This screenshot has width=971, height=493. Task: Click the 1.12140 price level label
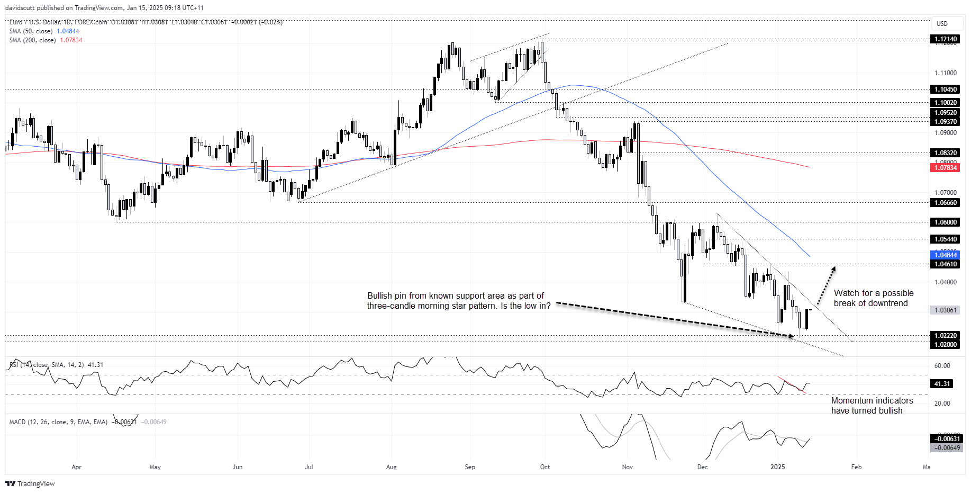(945, 39)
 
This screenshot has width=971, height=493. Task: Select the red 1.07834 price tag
(945, 168)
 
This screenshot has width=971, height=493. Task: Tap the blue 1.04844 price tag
(945, 255)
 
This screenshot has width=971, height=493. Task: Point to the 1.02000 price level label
(945, 345)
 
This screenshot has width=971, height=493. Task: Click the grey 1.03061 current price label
(945, 310)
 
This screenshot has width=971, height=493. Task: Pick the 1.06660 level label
(945, 203)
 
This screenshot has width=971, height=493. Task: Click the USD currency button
(942, 24)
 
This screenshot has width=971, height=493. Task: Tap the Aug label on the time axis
(391, 467)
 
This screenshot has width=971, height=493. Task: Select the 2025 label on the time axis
(777, 467)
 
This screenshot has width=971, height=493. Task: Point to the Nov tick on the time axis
(627, 467)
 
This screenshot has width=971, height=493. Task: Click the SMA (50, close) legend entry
(31, 31)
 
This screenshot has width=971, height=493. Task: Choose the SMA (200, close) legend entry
(33, 40)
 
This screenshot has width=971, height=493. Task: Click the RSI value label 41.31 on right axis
(942, 384)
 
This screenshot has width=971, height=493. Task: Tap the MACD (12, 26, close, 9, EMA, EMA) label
(58, 422)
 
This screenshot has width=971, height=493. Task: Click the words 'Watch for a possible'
(873, 293)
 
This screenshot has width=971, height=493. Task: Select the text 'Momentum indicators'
(872, 401)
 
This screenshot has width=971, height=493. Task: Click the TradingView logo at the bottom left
(30, 483)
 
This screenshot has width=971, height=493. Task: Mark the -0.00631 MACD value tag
(947, 439)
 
